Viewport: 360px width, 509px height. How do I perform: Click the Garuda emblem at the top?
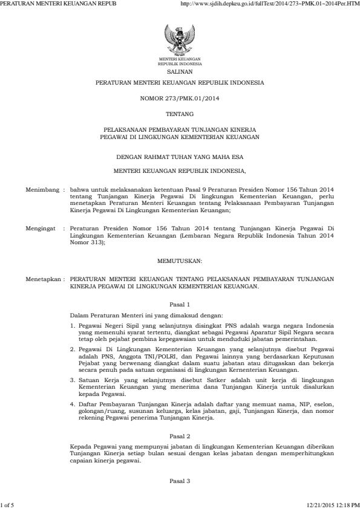[180, 41]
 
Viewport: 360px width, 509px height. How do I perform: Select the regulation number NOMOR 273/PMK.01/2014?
[180, 97]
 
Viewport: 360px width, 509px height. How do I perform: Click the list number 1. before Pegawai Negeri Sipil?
[73, 325]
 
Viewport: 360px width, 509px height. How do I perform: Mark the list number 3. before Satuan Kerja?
[73, 363]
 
